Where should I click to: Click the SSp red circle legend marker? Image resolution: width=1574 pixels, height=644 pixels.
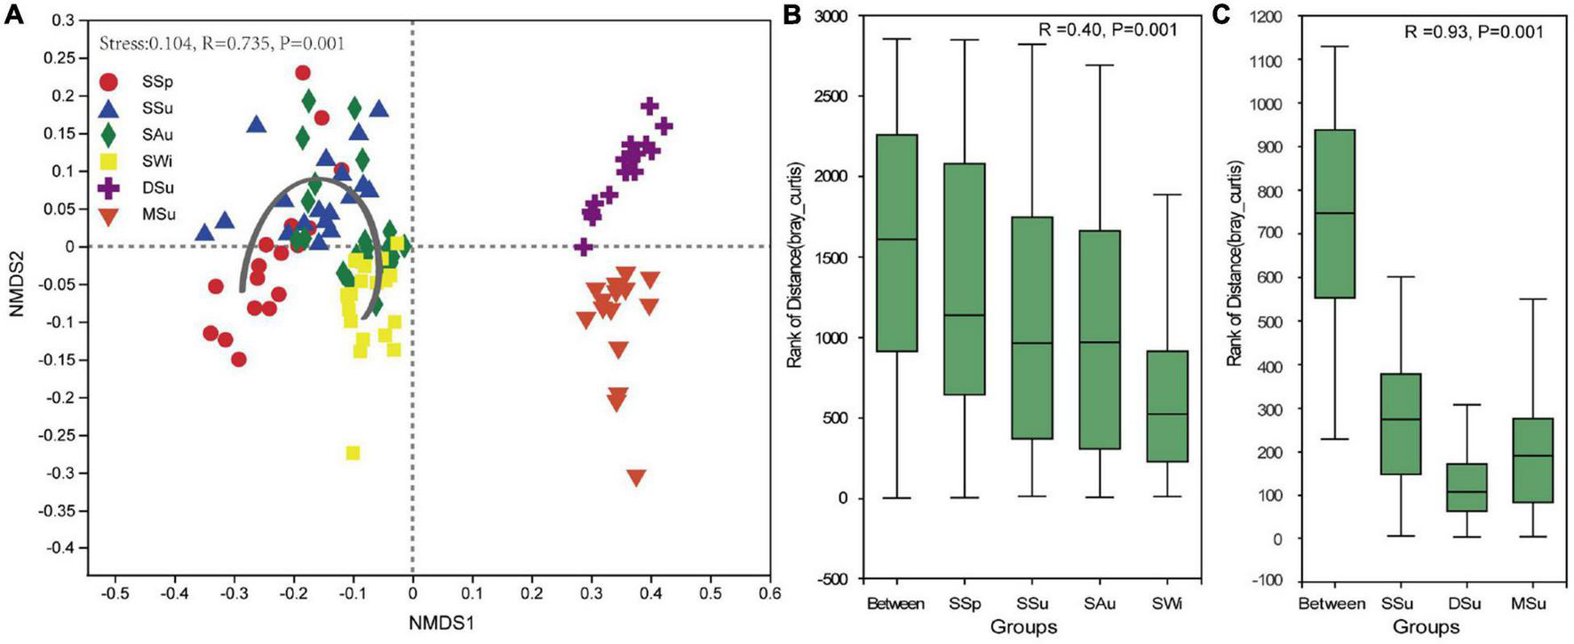coord(109,82)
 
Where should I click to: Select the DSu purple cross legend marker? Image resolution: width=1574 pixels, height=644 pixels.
coord(109,188)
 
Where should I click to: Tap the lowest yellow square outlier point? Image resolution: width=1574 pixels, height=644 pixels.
coord(353,453)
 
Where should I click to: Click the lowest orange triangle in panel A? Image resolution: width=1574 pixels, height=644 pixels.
coord(636,478)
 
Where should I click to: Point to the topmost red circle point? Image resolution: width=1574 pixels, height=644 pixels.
coord(303,73)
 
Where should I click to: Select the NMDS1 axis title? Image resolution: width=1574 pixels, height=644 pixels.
coord(441,624)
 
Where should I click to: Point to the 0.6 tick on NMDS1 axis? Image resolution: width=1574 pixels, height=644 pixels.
coord(769,592)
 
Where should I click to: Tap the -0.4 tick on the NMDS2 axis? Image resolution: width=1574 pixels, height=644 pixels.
coord(63,549)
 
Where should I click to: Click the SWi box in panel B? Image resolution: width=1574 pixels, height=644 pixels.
coord(1167,407)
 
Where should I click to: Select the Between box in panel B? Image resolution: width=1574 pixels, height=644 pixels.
coord(897,243)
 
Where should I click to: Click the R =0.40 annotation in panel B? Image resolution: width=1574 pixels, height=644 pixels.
coord(1108,30)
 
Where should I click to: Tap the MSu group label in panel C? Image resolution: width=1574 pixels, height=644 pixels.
coord(1528,604)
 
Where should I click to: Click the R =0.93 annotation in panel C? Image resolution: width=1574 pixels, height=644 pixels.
coord(1473,31)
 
